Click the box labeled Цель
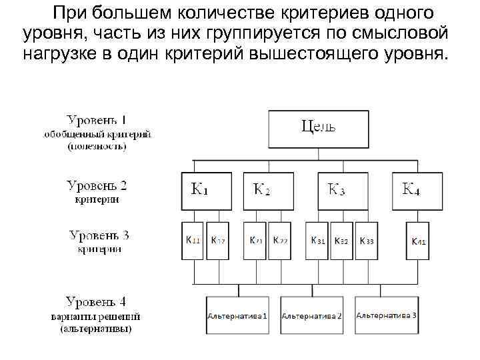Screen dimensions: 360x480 point(318,129)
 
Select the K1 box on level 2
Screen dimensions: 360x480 point(207,190)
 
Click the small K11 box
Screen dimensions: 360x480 point(193,241)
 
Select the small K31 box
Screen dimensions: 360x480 point(317,241)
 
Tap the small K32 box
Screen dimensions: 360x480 point(341,241)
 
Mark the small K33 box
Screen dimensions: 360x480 point(367,241)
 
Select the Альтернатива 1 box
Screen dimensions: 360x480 point(238,315)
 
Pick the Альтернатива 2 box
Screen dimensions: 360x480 point(312,315)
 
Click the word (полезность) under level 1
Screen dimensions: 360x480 point(97,147)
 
